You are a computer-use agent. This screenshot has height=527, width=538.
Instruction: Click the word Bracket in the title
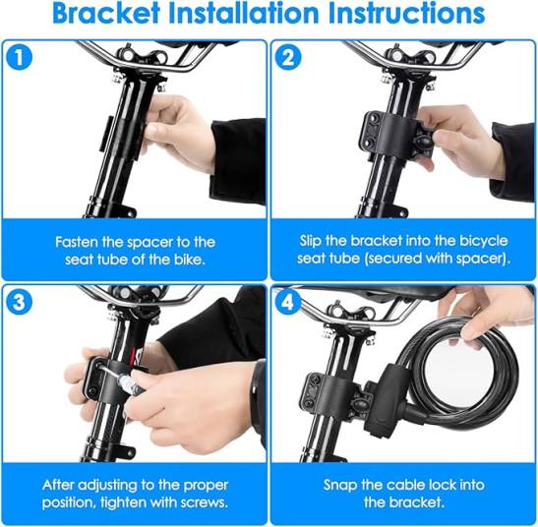(106, 14)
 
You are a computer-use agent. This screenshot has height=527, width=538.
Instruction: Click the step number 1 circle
(20, 57)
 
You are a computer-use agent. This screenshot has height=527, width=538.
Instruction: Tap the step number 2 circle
(288, 57)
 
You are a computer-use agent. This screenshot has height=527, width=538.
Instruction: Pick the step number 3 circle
(20, 302)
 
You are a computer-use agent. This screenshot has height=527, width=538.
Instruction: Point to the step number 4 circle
(288, 302)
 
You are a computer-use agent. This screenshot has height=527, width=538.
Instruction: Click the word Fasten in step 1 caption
(76, 242)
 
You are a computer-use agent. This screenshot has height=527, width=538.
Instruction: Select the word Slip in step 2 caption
(311, 241)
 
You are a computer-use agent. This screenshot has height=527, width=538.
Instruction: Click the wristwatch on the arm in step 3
(258, 387)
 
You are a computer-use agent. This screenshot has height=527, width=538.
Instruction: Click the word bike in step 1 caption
(190, 260)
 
